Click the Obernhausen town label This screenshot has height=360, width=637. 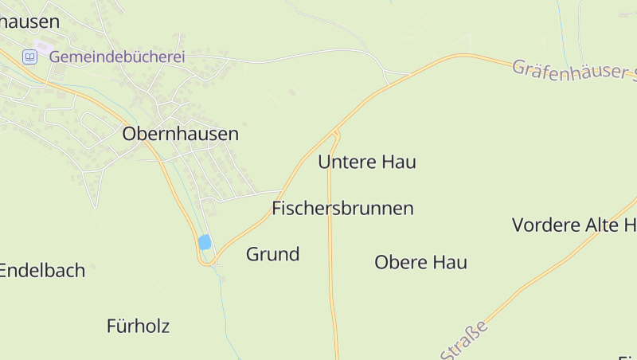pos(180,135)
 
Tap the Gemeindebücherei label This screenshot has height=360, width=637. pos(117,57)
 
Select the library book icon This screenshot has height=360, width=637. pos(29,57)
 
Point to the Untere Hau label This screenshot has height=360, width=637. pos(367,162)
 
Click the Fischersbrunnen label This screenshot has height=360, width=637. pos(342,209)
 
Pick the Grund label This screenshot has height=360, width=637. pos(272,255)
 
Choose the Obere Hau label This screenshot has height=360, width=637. pos(420,262)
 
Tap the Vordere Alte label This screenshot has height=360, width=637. pos(573,225)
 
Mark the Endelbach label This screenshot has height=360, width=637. pos(42,271)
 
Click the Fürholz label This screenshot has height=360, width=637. pos(138,326)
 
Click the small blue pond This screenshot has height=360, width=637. pos(205,242)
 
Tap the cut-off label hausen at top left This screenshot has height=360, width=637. pos(30,22)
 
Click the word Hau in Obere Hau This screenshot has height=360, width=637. pos(450,262)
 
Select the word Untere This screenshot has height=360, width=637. pos(347,162)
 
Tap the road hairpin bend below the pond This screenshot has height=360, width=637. pos(207,262)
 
